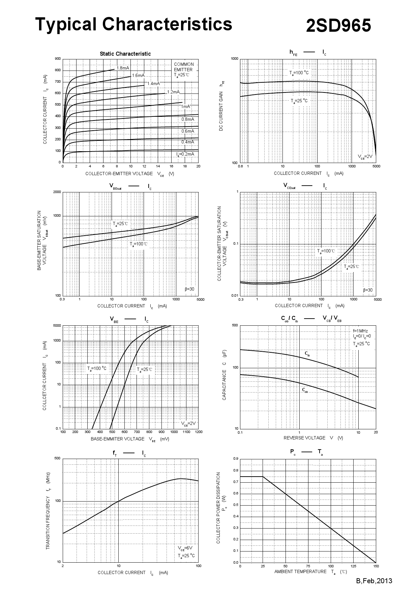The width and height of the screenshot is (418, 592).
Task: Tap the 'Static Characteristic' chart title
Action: pyautogui.click(x=125, y=54)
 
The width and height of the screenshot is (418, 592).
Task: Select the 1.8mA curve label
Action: pyautogui.click(x=123, y=68)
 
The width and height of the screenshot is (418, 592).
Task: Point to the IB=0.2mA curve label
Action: pyautogui.click(x=185, y=154)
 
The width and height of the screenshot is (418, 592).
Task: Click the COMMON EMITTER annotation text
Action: pyautogui.click(x=184, y=67)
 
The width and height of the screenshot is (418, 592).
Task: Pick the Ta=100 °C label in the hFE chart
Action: pyautogui.click(x=299, y=73)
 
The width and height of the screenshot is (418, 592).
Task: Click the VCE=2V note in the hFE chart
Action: pyautogui.click(x=365, y=157)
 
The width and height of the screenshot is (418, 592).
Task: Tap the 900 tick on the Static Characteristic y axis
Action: pyautogui.click(x=58, y=59)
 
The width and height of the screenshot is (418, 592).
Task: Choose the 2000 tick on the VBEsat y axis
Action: pyautogui.click(x=57, y=192)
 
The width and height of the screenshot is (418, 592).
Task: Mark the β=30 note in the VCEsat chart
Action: pyautogui.click(x=368, y=290)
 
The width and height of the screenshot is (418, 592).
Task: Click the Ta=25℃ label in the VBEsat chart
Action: pyautogui.click(x=120, y=223)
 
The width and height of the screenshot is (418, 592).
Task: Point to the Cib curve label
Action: pyautogui.click(x=307, y=353)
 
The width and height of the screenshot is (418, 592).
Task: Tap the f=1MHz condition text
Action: pyautogui.click(x=360, y=331)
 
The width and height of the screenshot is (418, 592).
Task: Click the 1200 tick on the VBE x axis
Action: pyautogui.click(x=199, y=432)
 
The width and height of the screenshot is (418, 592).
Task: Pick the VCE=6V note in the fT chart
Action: pyautogui.click(x=185, y=548)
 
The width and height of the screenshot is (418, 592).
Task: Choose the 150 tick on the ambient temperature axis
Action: pyautogui.click(x=376, y=566)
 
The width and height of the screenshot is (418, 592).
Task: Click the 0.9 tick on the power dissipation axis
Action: pyautogui.click(x=236, y=459)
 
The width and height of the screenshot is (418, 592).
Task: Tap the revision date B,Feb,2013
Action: pyautogui.click(x=374, y=581)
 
